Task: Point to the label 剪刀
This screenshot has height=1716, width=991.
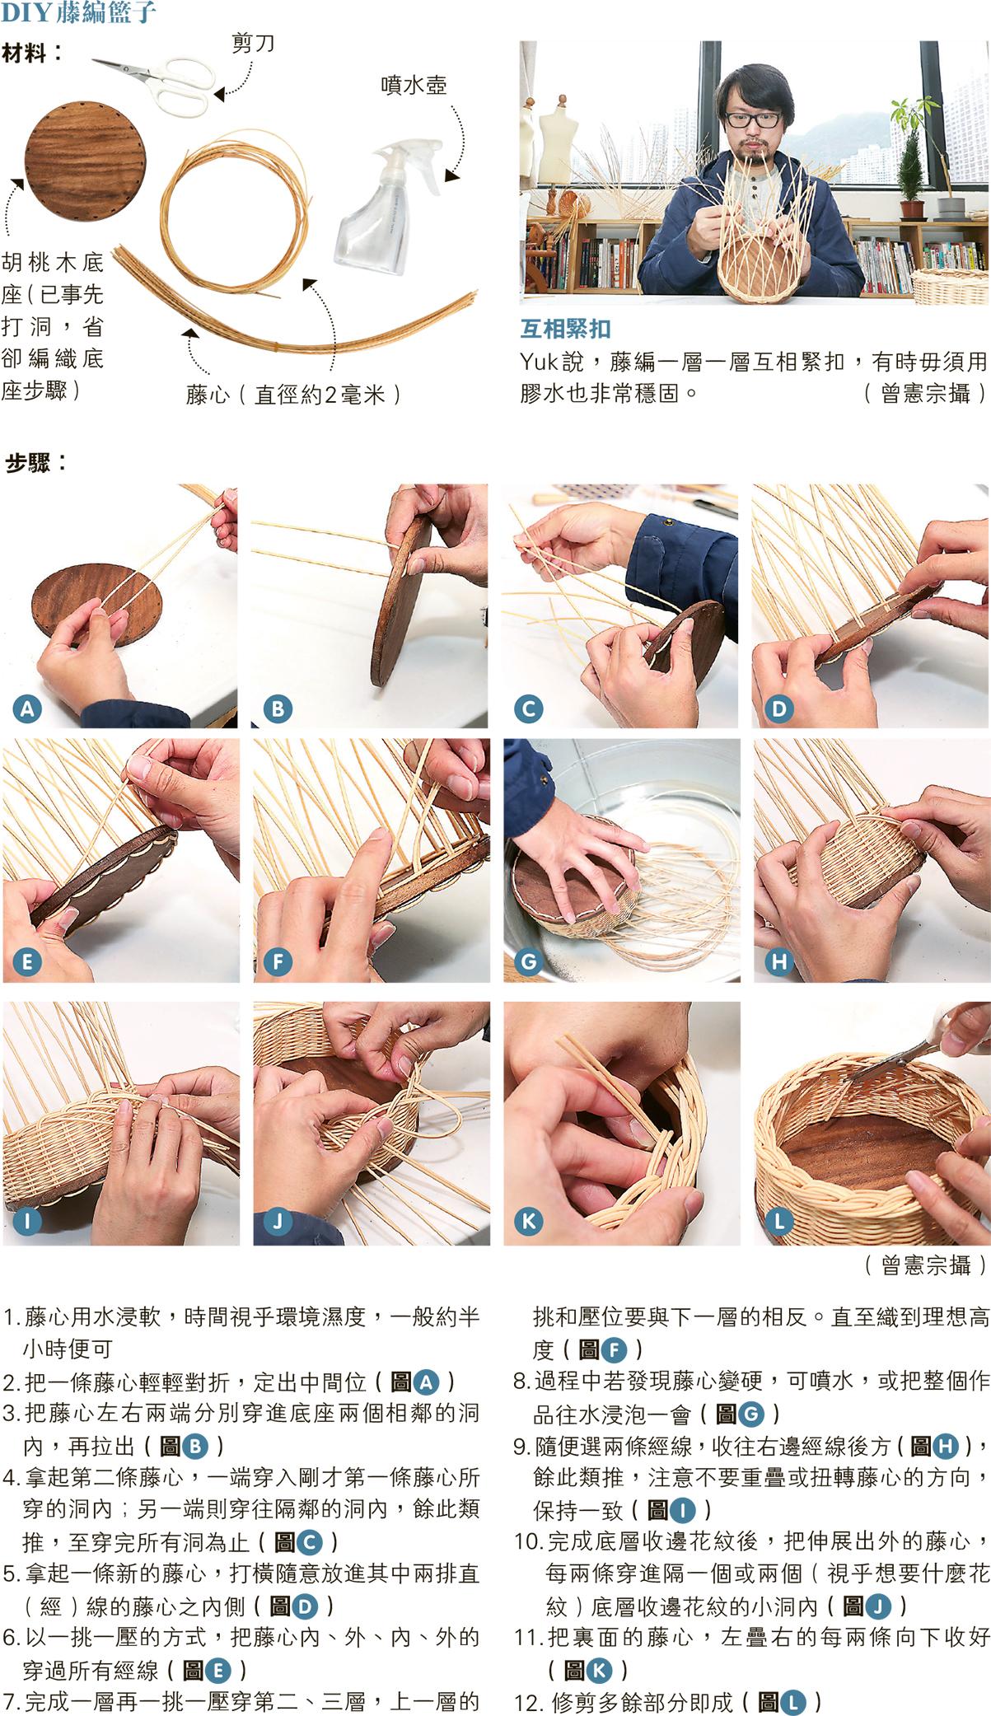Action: point(253,43)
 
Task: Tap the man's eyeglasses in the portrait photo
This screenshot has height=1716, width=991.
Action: point(752,119)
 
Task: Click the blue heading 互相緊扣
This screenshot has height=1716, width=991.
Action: point(565,330)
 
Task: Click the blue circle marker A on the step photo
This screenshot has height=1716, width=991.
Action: point(27,708)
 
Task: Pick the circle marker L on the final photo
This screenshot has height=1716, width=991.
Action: point(779,1220)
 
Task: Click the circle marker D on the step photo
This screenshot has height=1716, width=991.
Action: point(779,708)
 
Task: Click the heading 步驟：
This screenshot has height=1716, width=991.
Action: point(36,463)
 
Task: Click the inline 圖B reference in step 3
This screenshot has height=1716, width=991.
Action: point(182,1445)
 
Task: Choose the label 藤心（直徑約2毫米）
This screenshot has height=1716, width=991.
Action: point(293,395)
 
